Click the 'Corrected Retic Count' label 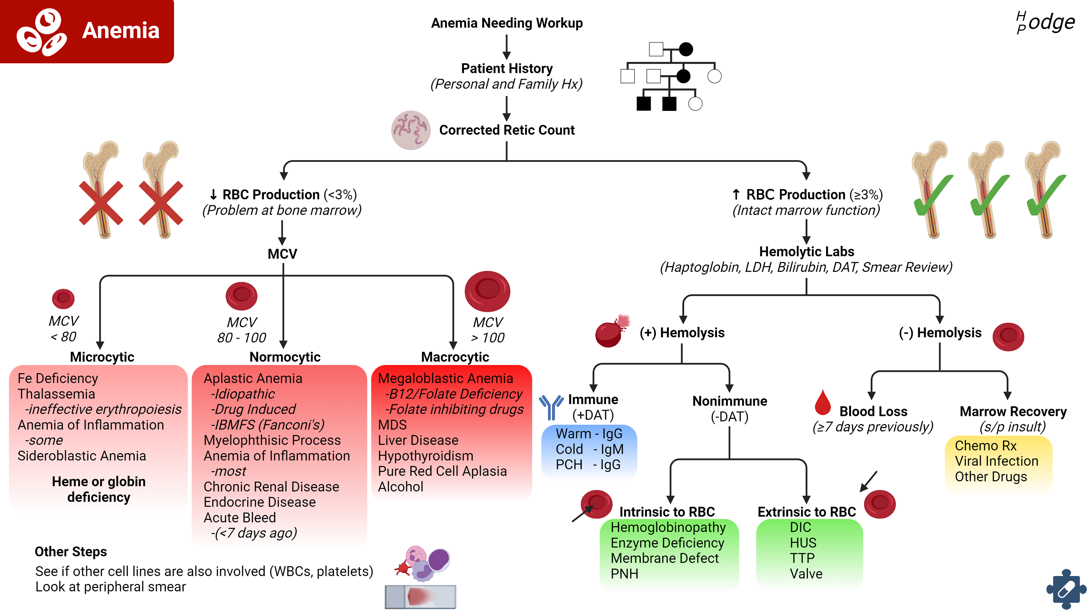pyautogui.click(x=506, y=130)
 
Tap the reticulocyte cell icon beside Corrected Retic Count pyautogui.click(x=410, y=130)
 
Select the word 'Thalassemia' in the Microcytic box pyautogui.click(x=56, y=394)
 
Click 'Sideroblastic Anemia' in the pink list pyautogui.click(x=82, y=456)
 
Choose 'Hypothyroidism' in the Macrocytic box pyautogui.click(x=426, y=456)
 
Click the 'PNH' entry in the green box pyautogui.click(x=624, y=574)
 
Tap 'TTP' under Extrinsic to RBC pyautogui.click(x=802, y=558)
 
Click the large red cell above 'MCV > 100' pyautogui.click(x=487, y=291)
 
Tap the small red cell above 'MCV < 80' pyautogui.click(x=63, y=299)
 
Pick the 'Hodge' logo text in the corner pyautogui.click(x=1046, y=22)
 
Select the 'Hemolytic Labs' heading pyautogui.click(x=806, y=252)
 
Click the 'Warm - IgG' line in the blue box pyautogui.click(x=589, y=434)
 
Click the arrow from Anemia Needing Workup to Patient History pyautogui.click(x=506, y=47)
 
